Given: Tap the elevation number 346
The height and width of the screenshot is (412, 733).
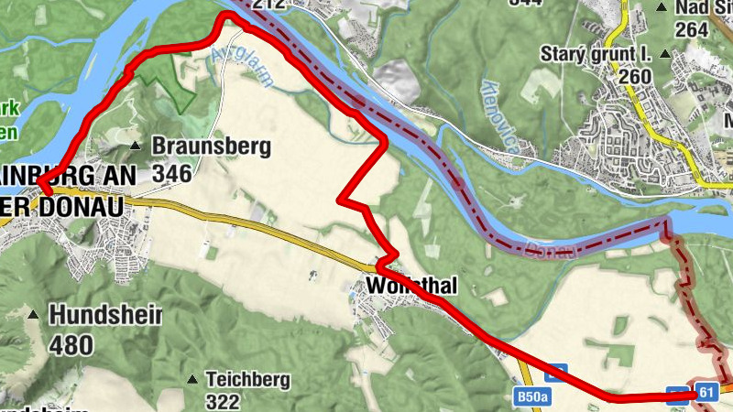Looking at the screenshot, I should point(171,173).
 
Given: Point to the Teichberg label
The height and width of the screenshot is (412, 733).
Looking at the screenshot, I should point(247,379).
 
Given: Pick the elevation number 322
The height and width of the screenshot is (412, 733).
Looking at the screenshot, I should point(223,401).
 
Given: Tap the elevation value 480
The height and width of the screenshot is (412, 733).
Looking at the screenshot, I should point(72,344).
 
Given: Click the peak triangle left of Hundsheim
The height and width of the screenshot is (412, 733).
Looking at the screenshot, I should point(34,316).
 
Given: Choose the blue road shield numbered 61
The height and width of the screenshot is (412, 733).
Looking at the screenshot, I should point(705,392).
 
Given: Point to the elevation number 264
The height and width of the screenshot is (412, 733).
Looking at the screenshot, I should point(691,29).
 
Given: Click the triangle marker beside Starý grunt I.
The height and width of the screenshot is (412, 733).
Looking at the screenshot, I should point(665,54).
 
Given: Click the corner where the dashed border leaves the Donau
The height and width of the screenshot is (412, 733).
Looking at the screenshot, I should point(667,222).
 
